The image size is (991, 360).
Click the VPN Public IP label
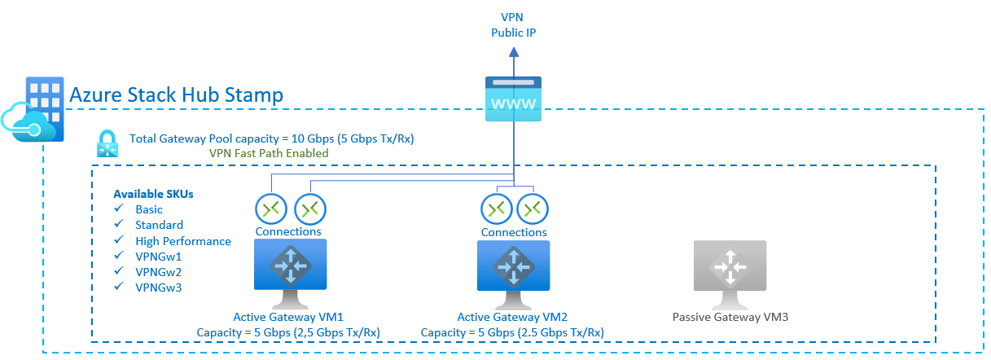(x=513, y=24)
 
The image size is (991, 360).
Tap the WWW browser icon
(x=513, y=99)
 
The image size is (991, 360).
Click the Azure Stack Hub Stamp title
(x=177, y=95)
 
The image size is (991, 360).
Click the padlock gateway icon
(x=108, y=144)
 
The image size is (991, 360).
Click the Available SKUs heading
(x=153, y=194)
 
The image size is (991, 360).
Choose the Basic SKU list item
(x=149, y=209)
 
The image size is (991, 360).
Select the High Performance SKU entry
(x=183, y=241)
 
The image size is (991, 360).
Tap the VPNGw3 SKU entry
(x=159, y=288)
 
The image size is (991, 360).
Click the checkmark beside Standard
(x=119, y=226)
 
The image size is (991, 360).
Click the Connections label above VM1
(x=288, y=232)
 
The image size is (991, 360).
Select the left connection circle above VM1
(x=270, y=209)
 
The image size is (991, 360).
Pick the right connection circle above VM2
(x=533, y=209)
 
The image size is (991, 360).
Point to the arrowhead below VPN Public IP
(x=513, y=52)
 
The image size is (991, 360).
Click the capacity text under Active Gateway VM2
(x=512, y=332)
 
